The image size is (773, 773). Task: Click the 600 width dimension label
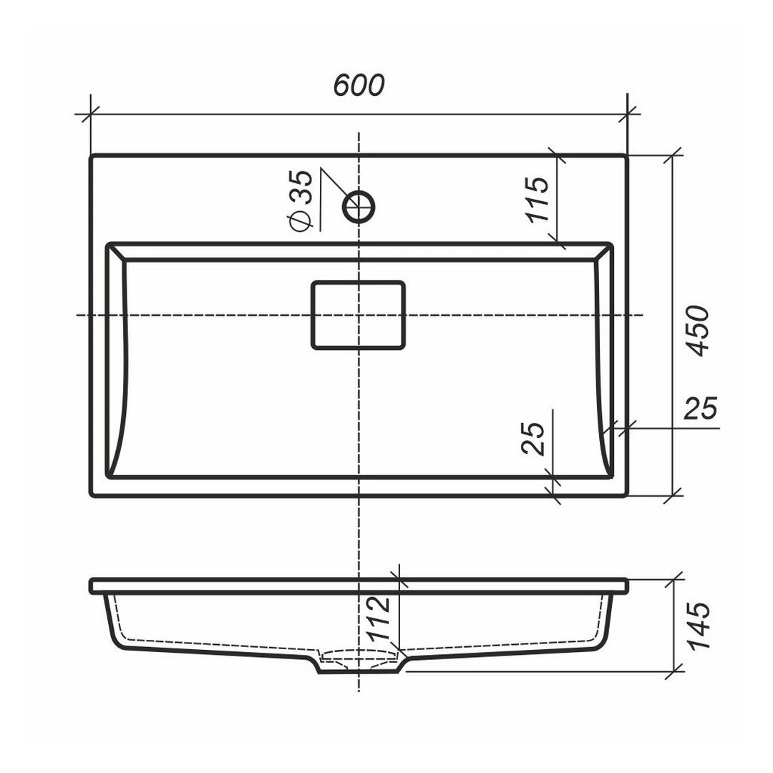click(359, 85)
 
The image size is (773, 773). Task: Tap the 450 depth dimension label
click(698, 331)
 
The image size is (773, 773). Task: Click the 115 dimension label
click(536, 199)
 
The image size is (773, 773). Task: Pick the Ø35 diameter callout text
click(300, 200)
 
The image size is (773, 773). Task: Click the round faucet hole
click(359, 207)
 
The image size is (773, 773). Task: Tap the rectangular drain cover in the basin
click(359, 315)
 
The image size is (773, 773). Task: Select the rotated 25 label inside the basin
click(533, 438)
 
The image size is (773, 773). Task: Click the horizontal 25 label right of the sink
click(700, 408)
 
